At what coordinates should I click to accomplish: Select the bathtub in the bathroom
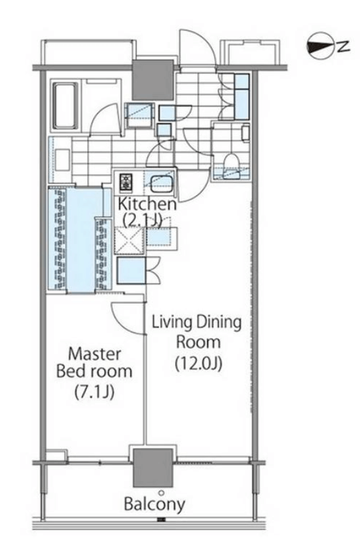pos(65,105)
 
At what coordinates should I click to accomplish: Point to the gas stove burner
pos(126,183)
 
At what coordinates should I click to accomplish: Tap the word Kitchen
pos(147,204)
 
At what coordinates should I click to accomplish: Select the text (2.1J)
pos(142,220)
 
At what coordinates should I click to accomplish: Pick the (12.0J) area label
pos(199,364)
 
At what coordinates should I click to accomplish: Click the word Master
pos(94,354)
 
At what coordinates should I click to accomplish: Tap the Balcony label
pos(154,504)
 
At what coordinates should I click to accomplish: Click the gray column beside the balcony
pos(153,468)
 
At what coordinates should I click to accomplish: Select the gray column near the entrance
pos(153,80)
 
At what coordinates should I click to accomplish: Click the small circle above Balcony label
pos(161,493)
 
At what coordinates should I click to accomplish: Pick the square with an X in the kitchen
pos(130,240)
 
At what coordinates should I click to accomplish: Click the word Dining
pos(218,322)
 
